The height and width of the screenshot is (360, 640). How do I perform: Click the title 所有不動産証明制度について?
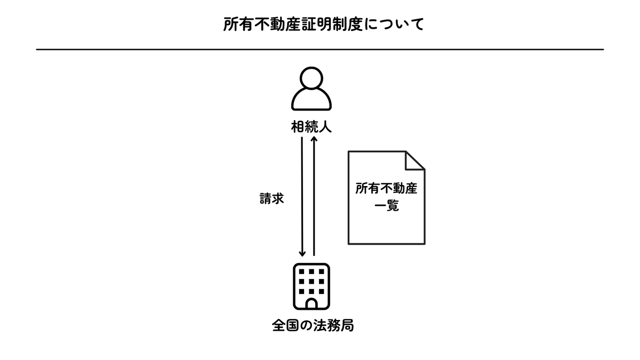coord(323,25)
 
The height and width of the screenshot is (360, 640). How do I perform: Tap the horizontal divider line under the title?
coord(320,50)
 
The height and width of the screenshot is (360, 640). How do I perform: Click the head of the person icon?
coord(311,78)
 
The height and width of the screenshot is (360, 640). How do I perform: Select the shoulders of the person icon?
coord(311,99)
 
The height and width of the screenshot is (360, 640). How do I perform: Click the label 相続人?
coord(311,127)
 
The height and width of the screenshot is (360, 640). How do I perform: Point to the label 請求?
coord(271,198)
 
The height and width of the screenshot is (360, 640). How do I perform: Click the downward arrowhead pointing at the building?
coord(302,253)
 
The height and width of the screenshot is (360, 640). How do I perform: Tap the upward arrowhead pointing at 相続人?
coord(314,139)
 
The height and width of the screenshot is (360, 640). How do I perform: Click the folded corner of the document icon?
coord(415,161)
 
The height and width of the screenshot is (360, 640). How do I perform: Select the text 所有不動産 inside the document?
coord(386,189)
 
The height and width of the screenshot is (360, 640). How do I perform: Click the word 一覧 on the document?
coord(386,206)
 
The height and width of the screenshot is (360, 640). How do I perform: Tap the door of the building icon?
coord(311,303)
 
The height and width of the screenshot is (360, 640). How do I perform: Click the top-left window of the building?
coord(301,271)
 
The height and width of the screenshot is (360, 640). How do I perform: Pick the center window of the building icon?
coord(311,282)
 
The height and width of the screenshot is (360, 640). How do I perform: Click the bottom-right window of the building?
coord(322,291)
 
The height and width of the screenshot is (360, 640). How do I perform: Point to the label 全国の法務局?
coord(313,325)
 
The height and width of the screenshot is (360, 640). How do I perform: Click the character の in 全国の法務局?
coord(306,326)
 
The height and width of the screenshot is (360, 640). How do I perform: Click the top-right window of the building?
coord(322,271)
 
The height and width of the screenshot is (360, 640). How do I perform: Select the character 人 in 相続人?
coord(325,127)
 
